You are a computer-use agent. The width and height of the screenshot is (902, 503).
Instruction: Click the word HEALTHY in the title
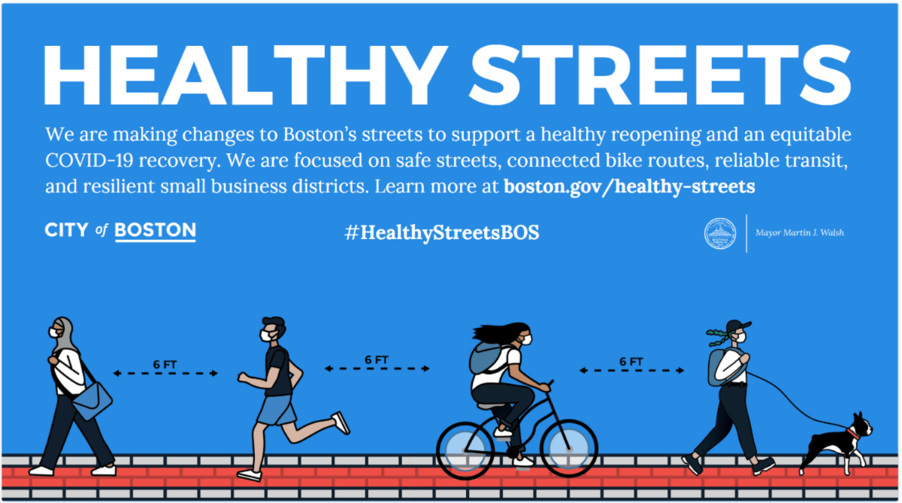point(246,75)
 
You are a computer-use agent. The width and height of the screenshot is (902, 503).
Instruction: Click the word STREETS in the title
point(661,75)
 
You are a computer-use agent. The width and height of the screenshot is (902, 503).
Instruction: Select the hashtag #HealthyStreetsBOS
point(442,233)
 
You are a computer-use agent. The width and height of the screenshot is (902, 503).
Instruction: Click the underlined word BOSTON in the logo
point(156,231)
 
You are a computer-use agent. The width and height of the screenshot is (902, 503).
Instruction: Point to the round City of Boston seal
point(720,234)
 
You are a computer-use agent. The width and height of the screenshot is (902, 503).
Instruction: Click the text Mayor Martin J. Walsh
point(800,233)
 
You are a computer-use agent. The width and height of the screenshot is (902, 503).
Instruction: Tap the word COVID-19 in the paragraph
point(89,160)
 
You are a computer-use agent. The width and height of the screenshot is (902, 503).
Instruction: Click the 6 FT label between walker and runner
point(165,365)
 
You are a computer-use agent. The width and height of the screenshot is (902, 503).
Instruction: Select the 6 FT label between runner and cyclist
point(377,359)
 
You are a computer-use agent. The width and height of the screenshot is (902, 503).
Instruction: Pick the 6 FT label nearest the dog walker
point(631,362)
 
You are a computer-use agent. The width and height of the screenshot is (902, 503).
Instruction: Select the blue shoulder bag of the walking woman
point(92,401)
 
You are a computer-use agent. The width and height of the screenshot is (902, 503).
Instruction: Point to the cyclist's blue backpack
point(487,359)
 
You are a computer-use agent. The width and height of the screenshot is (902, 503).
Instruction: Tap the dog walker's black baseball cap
point(737,326)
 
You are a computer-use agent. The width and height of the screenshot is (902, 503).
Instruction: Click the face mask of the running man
point(267,336)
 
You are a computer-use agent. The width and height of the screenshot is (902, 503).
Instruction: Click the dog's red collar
point(852,434)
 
